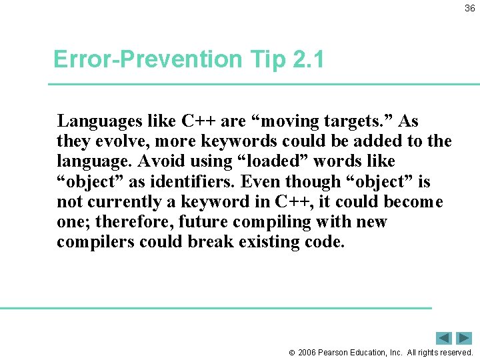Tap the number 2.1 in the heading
coord(308,60)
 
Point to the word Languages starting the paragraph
coord(100,121)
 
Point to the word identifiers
coord(197,181)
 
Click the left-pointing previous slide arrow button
coord(444,338)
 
